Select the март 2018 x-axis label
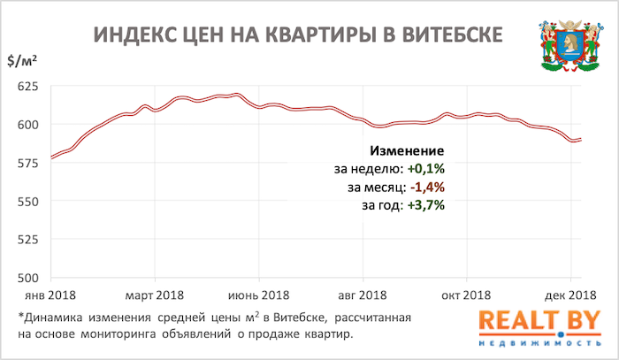pos(156,295)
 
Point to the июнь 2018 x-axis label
pos(260,295)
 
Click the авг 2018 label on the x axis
pos(363,295)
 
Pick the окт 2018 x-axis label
pos(466,295)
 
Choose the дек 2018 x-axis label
pos(569,295)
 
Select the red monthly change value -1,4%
pos(425,188)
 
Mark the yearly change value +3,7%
pos(425,205)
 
